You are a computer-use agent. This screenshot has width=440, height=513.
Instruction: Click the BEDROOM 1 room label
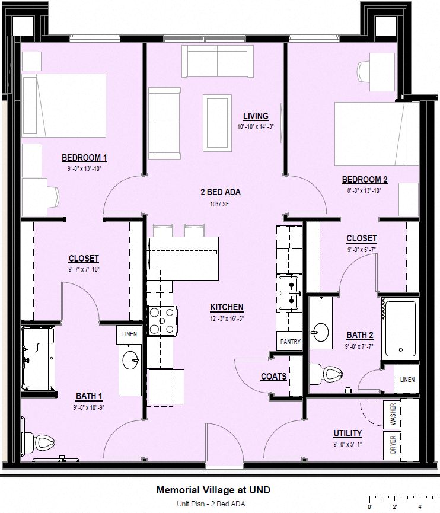(x=84, y=158)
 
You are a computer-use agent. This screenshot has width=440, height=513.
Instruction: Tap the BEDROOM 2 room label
(x=364, y=180)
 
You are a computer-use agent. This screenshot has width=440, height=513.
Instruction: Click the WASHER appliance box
(x=393, y=415)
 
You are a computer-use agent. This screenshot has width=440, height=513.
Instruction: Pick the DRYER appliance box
(x=393, y=445)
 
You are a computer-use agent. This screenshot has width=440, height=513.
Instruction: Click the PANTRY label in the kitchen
(x=290, y=342)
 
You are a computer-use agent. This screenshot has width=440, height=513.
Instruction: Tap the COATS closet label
(x=273, y=377)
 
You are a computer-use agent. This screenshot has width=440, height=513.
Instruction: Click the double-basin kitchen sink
(x=289, y=293)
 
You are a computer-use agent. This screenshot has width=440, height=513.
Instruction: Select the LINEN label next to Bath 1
(x=129, y=334)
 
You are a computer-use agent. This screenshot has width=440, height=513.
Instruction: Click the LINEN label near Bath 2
(x=407, y=380)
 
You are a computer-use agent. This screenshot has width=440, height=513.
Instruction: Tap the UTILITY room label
(x=347, y=434)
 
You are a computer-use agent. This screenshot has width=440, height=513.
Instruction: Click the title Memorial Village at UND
(x=213, y=490)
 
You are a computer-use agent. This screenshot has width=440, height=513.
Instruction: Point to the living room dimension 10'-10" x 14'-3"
(x=255, y=126)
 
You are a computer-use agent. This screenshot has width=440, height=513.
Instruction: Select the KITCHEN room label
(x=227, y=307)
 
